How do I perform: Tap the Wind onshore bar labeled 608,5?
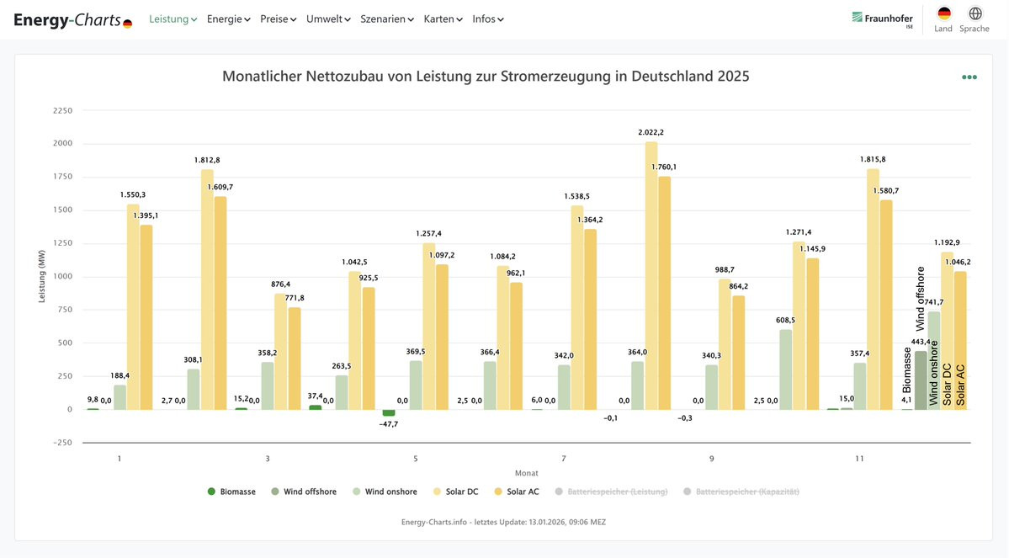786,369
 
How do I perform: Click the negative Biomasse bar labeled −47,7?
389,413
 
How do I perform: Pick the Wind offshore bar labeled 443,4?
921,380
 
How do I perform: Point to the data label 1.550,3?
133,194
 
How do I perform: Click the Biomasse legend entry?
231,492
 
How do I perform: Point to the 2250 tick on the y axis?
62,110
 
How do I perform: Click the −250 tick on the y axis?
62,443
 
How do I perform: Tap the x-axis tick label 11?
859,459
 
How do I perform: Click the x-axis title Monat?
527,473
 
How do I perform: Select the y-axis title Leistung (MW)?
42,276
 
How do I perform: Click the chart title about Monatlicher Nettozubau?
486,77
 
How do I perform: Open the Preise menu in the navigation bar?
278,19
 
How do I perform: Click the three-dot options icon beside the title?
969,77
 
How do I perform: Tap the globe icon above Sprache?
975,13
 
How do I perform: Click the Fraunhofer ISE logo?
882,19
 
